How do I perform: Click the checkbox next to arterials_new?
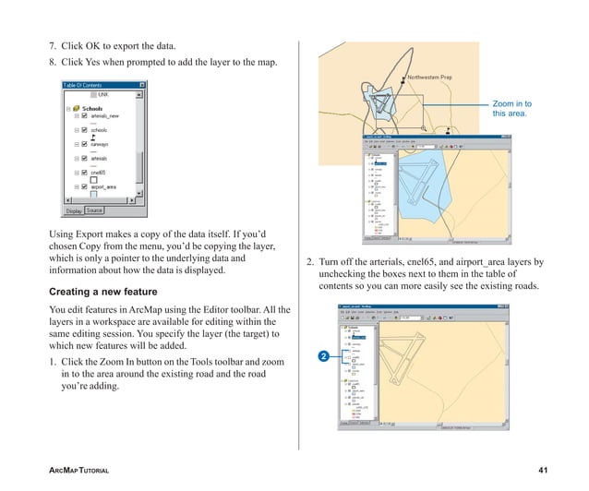[x=84, y=116]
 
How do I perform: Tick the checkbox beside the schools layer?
[x=84, y=130]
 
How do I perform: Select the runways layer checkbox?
[x=84, y=144]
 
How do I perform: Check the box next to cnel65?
[x=84, y=173]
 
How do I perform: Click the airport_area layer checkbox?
[x=84, y=186]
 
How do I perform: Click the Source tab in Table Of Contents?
[x=94, y=210]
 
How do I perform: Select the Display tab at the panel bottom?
[x=73, y=210]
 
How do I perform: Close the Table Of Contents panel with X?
[x=141, y=85]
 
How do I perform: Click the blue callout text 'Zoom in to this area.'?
[x=511, y=109]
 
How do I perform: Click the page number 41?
[x=542, y=471]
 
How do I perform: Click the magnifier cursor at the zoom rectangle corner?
[x=424, y=127]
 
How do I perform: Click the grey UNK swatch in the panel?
[x=92, y=94]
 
